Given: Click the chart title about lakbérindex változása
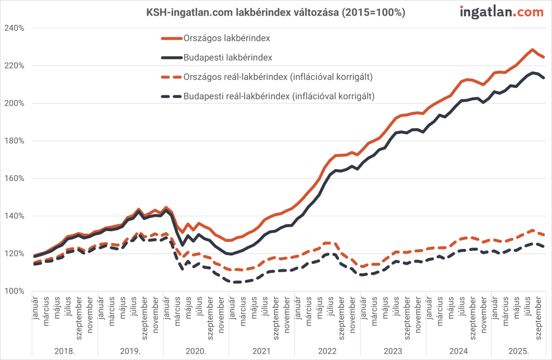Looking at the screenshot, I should point(275,12).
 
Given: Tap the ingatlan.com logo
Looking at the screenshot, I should point(502,12).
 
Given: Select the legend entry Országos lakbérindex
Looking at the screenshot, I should point(227,38).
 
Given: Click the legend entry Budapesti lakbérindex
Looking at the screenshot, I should point(227,57).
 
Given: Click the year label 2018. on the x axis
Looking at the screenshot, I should point(64,351).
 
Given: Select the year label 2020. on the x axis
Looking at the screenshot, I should point(196,351).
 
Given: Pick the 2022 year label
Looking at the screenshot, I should point(327,351).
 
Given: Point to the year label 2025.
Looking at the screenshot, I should point(518,351).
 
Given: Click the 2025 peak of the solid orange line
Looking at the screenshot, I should point(533,50).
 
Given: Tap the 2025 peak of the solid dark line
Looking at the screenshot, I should point(533,72).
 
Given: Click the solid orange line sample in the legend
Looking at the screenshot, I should point(171,38).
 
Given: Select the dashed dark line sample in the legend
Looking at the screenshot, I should point(171,96).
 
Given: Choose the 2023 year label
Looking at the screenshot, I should point(392,351).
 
